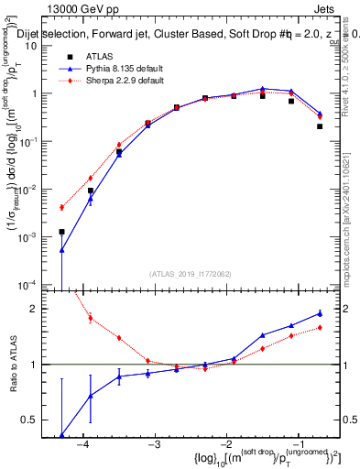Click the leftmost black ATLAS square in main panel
tap(61, 232)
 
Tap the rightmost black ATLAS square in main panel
tap(320, 126)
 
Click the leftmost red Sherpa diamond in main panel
tap(61, 207)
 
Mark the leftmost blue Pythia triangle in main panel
tap(61, 249)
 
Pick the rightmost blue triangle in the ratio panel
tap(320, 313)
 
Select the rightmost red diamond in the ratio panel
tap(320, 327)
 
